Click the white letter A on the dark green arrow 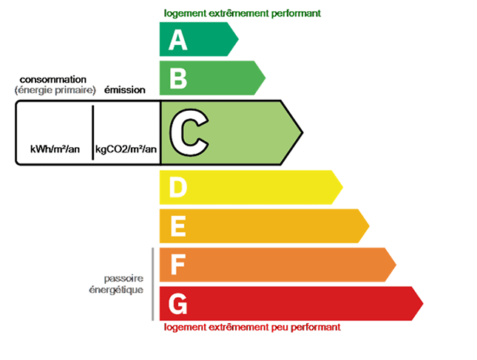point(178,40)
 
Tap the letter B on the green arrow point(178,79)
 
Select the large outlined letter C point(189,132)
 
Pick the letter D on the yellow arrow point(178,188)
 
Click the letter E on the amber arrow point(178,226)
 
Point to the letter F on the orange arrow point(178,265)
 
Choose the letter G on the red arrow point(178,304)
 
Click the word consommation point(53,80)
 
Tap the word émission point(125,90)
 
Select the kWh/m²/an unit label point(55,149)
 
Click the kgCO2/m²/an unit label point(126,149)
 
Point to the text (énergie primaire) point(55,90)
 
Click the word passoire point(124,279)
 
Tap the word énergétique point(116,290)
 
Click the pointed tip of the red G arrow point(423,303)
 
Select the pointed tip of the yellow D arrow point(343,187)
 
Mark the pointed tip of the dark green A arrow point(238,39)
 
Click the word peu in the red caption point(280,327)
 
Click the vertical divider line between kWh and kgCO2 point(92,132)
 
